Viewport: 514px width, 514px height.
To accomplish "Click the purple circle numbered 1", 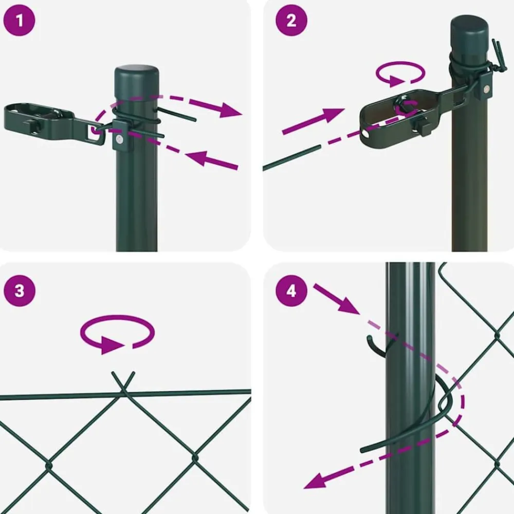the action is [x=19, y=21].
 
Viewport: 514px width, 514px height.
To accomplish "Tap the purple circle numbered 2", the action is [x=291, y=21].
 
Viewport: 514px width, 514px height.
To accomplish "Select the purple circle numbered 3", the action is [x=20, y=291].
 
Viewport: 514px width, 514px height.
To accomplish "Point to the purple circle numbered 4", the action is [x=291, y=291].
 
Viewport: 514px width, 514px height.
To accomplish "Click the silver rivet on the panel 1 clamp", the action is [x=120, y=140].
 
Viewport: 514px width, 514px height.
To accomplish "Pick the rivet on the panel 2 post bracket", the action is [x=487, y=88].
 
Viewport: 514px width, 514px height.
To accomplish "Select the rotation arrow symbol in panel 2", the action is [x=400, y=74].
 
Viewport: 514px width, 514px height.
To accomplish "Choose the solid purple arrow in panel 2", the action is [x=314, y=121].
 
